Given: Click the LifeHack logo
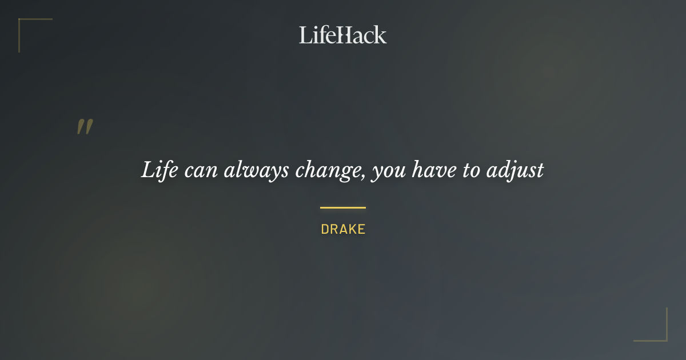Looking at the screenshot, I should click(343, 35).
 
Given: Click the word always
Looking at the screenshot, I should click(256, 170).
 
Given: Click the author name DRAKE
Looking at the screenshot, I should click(343, 230).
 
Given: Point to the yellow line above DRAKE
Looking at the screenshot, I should click(343, 207).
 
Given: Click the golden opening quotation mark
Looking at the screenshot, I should click(85, 127).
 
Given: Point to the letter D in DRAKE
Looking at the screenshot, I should click(325, 230).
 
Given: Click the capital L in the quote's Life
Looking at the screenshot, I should click(148, 170).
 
